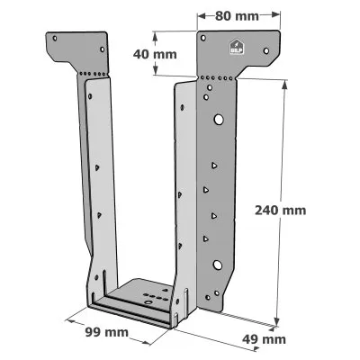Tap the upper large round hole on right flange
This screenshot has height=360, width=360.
tap(217, 119)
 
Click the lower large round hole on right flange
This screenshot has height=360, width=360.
tap(217, 265)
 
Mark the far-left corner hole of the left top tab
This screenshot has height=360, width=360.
tap(54, 39)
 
